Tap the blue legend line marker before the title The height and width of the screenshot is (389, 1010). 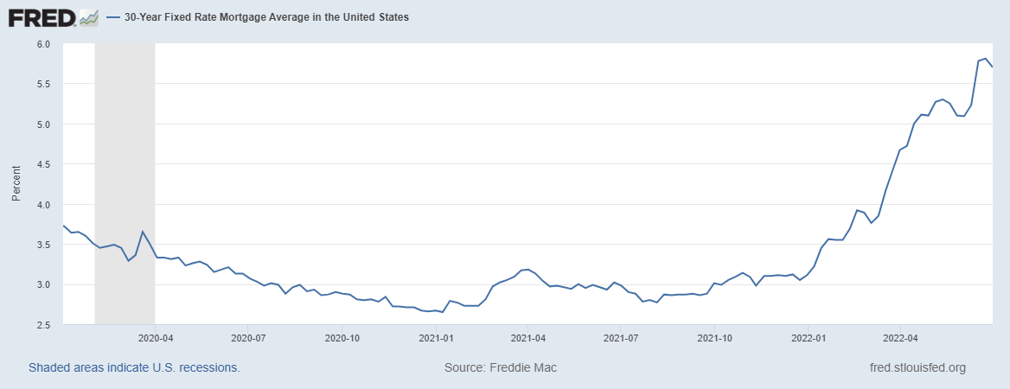(x=113, y=16)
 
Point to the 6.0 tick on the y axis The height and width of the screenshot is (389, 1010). (x=43, y=44)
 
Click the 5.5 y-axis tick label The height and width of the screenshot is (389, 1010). (x=43, y=84)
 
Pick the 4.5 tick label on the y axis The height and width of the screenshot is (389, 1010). (x=43, y=164)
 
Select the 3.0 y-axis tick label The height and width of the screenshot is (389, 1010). (x=43, y=284)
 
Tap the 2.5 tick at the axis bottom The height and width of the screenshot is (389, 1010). (x=43, y=325)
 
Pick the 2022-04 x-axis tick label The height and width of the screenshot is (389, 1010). (x=900, y=339)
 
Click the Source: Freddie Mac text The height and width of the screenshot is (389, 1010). (x=501, y=367)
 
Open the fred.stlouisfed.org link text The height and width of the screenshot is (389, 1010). (x=917, y=367)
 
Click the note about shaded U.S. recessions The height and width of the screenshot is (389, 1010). (x=134, y=367)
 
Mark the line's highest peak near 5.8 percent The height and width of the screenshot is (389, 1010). (x=985, y=59)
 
